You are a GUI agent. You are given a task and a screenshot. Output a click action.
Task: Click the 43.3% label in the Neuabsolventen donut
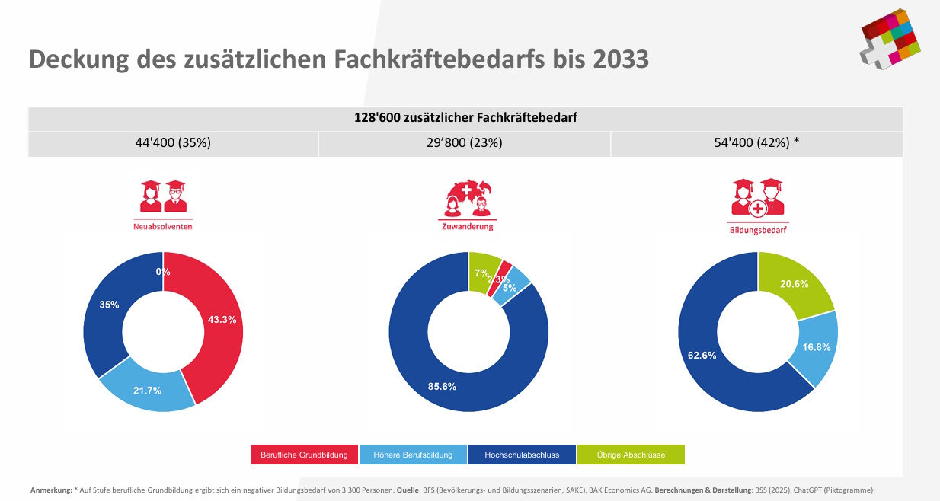coord(222,320)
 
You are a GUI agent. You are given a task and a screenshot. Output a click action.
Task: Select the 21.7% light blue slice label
coord(147,391)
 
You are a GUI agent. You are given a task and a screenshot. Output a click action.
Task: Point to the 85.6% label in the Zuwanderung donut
coord(442,386)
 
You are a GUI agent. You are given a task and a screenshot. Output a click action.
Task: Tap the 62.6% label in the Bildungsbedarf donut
coord(702,355)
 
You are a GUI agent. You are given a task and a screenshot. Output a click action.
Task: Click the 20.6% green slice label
coord(794,283)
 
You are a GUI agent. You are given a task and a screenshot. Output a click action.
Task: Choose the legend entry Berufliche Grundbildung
coord(304,455)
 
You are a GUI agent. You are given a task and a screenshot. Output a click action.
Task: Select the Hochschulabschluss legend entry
coord(522,455)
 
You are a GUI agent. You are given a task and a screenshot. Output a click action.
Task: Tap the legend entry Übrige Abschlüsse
coord(631,455)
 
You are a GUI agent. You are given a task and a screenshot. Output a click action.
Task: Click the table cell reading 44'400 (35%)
coord(173,142)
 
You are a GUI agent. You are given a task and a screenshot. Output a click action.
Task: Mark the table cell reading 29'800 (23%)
coord(465,142)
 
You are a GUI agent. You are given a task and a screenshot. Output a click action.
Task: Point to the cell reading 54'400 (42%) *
coord(756,142)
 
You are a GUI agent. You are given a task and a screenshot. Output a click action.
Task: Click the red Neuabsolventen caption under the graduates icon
coord(163,226)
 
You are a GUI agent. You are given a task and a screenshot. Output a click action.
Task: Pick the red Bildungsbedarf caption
coord(758,229)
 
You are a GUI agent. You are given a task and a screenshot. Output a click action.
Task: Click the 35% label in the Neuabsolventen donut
coord(109,305)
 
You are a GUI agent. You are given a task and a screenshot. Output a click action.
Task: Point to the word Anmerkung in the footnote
coord(50,490)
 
